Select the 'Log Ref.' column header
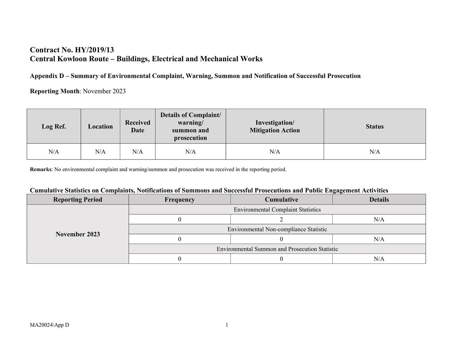tap(54, 126)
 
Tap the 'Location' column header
tap(100, 126)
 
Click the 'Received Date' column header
tap(137, 126)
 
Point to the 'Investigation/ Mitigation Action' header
tap(275, 126)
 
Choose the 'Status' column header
tap(375, 126)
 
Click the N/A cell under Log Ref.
tap(54, 152)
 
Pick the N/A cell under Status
tap(375, 152)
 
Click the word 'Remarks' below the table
tap(41, 169)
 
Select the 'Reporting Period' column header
tap(78, 199)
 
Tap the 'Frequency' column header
tap(179, 199)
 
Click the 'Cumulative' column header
tap(281, 199)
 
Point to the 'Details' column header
tap(379, 199)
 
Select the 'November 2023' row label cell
tap(78, 234)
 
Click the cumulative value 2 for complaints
tap(281, 220)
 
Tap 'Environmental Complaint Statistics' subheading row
tap(277, 210)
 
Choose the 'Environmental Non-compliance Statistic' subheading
tap(277, 229)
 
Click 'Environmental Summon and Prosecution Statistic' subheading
tap(277, 249)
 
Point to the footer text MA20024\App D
tap(49, 325)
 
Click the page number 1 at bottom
tap(227, 325)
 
